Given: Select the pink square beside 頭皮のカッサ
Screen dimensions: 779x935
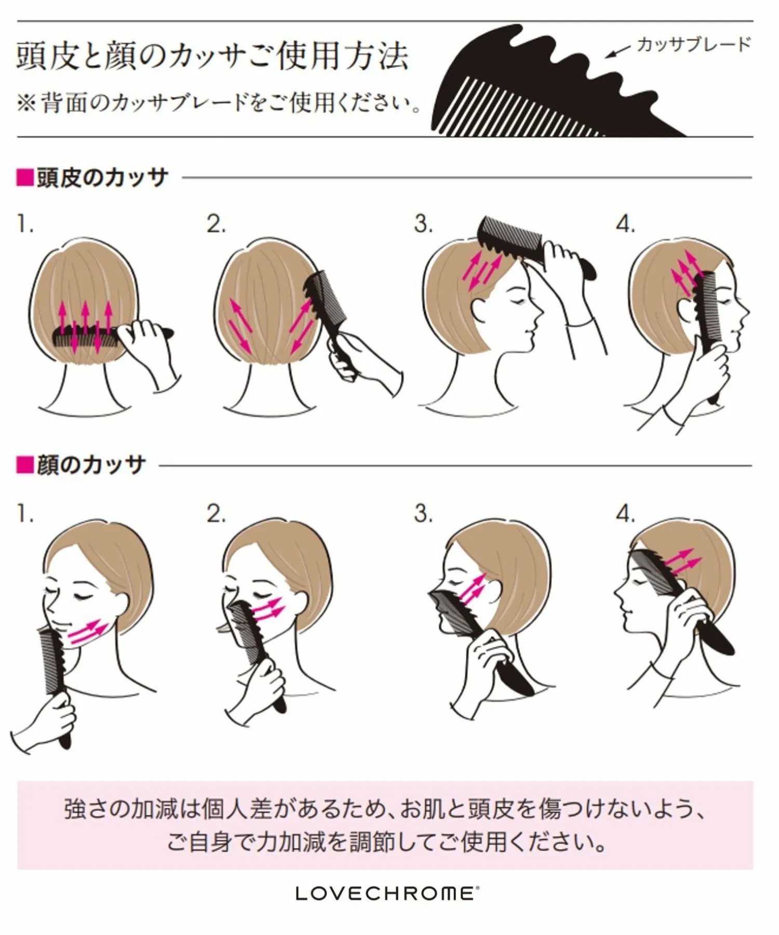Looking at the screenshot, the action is point(25,178).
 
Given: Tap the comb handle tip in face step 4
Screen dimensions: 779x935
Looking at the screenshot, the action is point(729,649).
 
